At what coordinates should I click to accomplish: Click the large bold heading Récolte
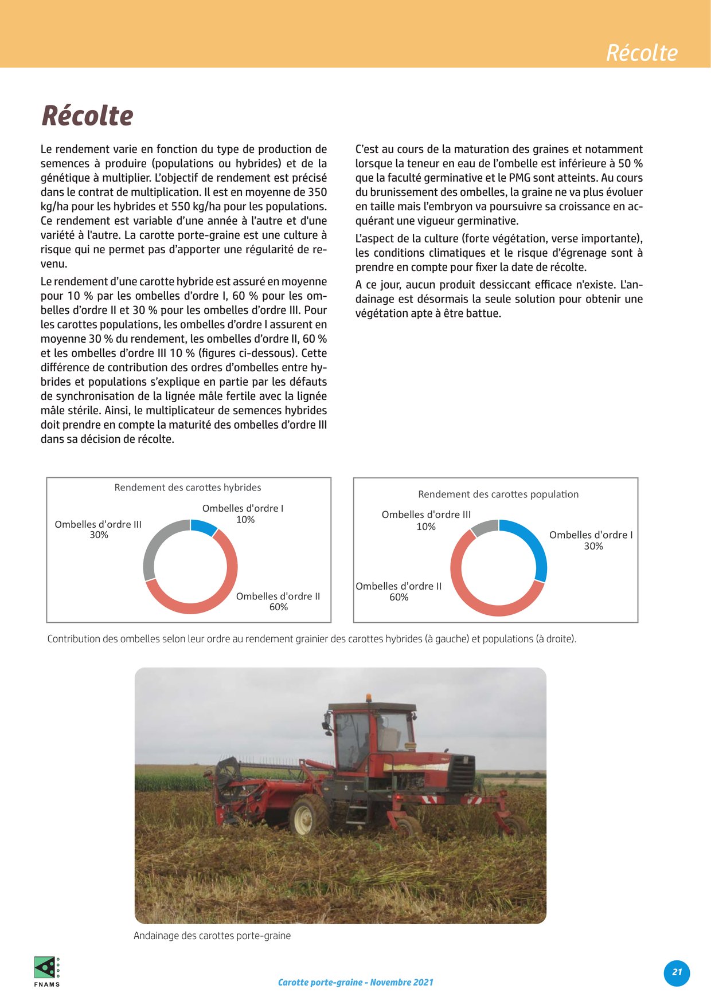(87, 116)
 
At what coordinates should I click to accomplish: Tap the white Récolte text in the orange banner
(642, 53)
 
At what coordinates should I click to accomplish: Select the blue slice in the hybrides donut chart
(204, 527)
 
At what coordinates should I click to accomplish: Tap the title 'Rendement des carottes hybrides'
(187, 488)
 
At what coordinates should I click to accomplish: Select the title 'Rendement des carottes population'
(498, 494)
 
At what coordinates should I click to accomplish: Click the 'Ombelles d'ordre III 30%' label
(98, 529)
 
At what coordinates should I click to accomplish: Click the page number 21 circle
(677, 972)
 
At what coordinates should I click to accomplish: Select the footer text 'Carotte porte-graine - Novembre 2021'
(355, 982)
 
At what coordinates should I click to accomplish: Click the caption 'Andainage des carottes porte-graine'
(212, 936)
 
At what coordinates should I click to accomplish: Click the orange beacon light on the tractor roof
(369, 698)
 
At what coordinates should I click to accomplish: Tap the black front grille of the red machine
(462, 773)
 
